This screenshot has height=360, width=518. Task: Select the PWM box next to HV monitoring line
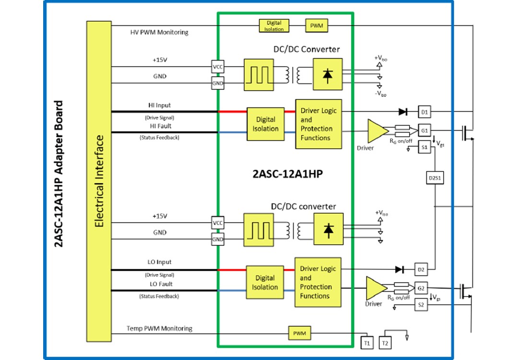click(x=317, y=26)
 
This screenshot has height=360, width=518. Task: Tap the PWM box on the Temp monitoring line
click(x=300, y=333)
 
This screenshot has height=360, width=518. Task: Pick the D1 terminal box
click(x=424, y=112)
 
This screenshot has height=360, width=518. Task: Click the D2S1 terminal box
click(x=434, y=178)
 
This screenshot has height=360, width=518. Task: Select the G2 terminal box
click(x=421, y=289)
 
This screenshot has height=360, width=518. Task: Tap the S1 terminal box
click(x=424, y=148)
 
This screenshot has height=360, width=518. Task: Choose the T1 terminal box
click(x=366, y=343)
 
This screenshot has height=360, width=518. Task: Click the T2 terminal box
click(x=385, y=343)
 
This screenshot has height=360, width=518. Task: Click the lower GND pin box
click(x=218, y=240)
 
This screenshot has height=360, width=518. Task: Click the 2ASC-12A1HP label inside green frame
click(x=285, y=174)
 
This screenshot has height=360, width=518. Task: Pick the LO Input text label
click(x=159, y=262)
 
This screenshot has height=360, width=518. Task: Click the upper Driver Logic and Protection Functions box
click(x=318, y=124)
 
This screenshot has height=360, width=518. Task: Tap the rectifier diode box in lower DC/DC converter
click(x=328, y=231)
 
